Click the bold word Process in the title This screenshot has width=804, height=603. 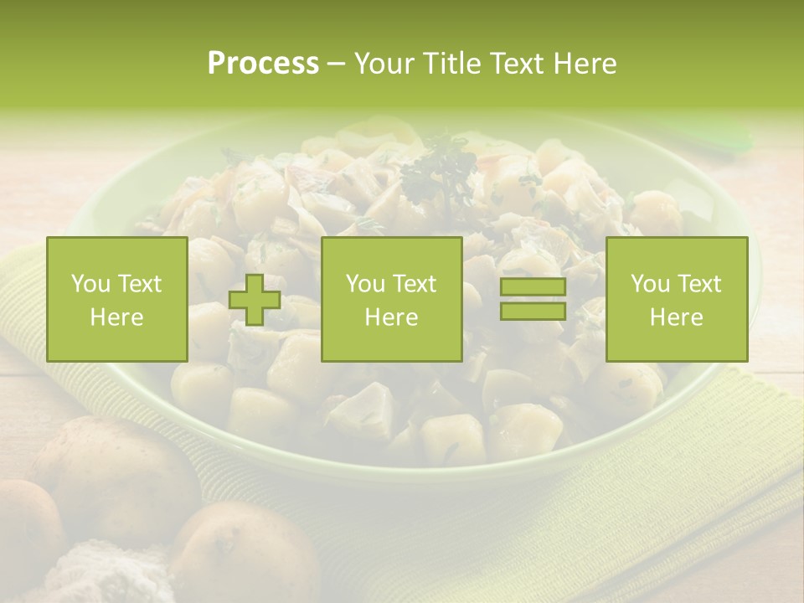click(263, 64)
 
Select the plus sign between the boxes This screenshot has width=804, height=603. click(255, 300)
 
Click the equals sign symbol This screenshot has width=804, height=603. click(533, 299)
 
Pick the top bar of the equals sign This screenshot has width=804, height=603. click(533, 287)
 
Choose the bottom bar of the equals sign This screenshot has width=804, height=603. click(533, 311)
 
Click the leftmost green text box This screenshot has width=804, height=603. click(117, 299)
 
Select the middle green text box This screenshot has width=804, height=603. click(391, 299)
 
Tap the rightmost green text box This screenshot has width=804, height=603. click(677, 299)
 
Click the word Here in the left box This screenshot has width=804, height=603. click(117, 317)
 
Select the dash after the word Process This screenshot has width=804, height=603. click(336, 64)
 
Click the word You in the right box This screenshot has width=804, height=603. click(650, 284)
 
